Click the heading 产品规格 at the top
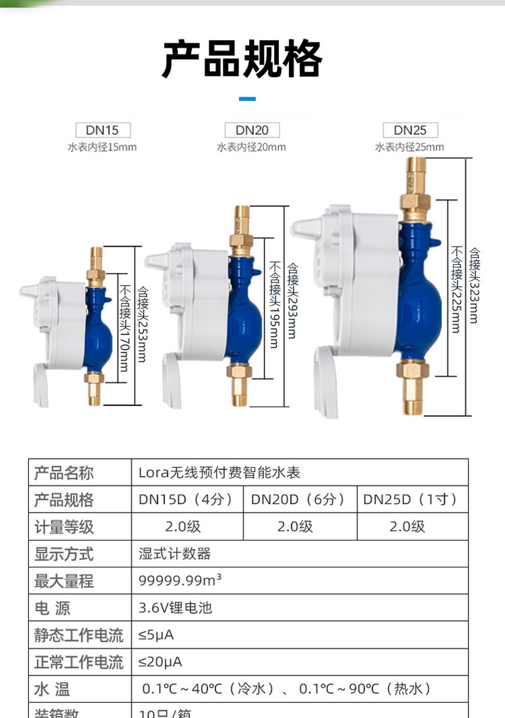point(242,60)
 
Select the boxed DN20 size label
point(252,130)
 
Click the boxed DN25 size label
point(411,130)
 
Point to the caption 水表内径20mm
point(251,147)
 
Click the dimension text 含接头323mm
point(475,286)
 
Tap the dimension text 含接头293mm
point(292,301)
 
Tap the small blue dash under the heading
point(247,99)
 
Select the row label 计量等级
point(65,527)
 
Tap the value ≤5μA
point(156,635)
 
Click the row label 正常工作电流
point(79,662)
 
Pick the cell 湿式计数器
point(174,554)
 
